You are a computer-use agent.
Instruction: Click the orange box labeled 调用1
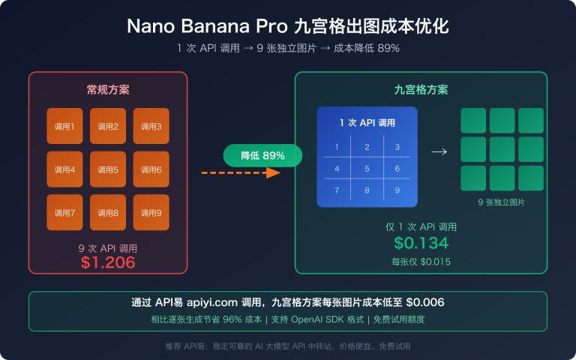pos(64,126)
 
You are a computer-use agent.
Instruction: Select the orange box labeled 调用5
pos(108,169)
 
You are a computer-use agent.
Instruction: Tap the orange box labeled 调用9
pos(151,212)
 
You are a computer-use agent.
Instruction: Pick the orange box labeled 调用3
pos(151,126)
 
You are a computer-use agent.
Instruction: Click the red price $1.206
pos(108,262)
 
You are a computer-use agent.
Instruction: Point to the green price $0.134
pos(421,243)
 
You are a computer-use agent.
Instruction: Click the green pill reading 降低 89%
pos(262,155)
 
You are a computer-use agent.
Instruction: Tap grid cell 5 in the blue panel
pos(367,169)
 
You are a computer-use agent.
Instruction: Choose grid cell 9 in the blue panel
pos(397,190)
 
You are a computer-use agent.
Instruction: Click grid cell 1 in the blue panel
pos(337,147)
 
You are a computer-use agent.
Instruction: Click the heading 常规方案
pos(108,89)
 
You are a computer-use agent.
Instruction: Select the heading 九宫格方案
pos(421,89)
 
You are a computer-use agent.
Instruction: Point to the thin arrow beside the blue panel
pos(439,151)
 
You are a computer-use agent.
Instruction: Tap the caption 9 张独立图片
pos(501,203)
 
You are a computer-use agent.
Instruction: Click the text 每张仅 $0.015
pos(421,262)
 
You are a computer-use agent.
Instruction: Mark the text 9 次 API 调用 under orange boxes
pos(108,248)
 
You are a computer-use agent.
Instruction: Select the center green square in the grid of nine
pos(502,148)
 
